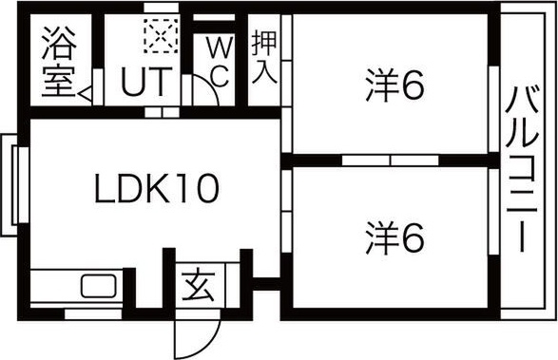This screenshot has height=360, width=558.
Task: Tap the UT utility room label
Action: pos(144,82)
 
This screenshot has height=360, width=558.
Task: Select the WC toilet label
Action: pos(220,63)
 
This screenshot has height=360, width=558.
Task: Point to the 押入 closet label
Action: pos(264,59)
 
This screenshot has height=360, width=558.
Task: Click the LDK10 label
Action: pos(157,189)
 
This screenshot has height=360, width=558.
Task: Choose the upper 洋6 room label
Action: pos(395,85)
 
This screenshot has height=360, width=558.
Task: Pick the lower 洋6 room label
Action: pos(395,238)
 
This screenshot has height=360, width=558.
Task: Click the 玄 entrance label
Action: pos(199,286)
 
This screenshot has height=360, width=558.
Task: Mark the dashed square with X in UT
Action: pos(161,36)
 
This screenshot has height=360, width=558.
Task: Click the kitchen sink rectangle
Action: pos(99,286)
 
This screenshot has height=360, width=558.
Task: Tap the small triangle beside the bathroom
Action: pos(85,95)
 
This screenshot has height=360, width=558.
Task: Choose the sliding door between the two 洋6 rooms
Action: pos(391,161)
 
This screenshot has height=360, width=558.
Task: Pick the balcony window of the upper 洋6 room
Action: pos(493,109)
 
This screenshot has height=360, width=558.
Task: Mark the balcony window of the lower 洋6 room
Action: pos(493,212)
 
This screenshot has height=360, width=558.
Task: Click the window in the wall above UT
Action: pos(161,7)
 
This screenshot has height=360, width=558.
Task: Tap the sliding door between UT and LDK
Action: pos(162,112)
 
